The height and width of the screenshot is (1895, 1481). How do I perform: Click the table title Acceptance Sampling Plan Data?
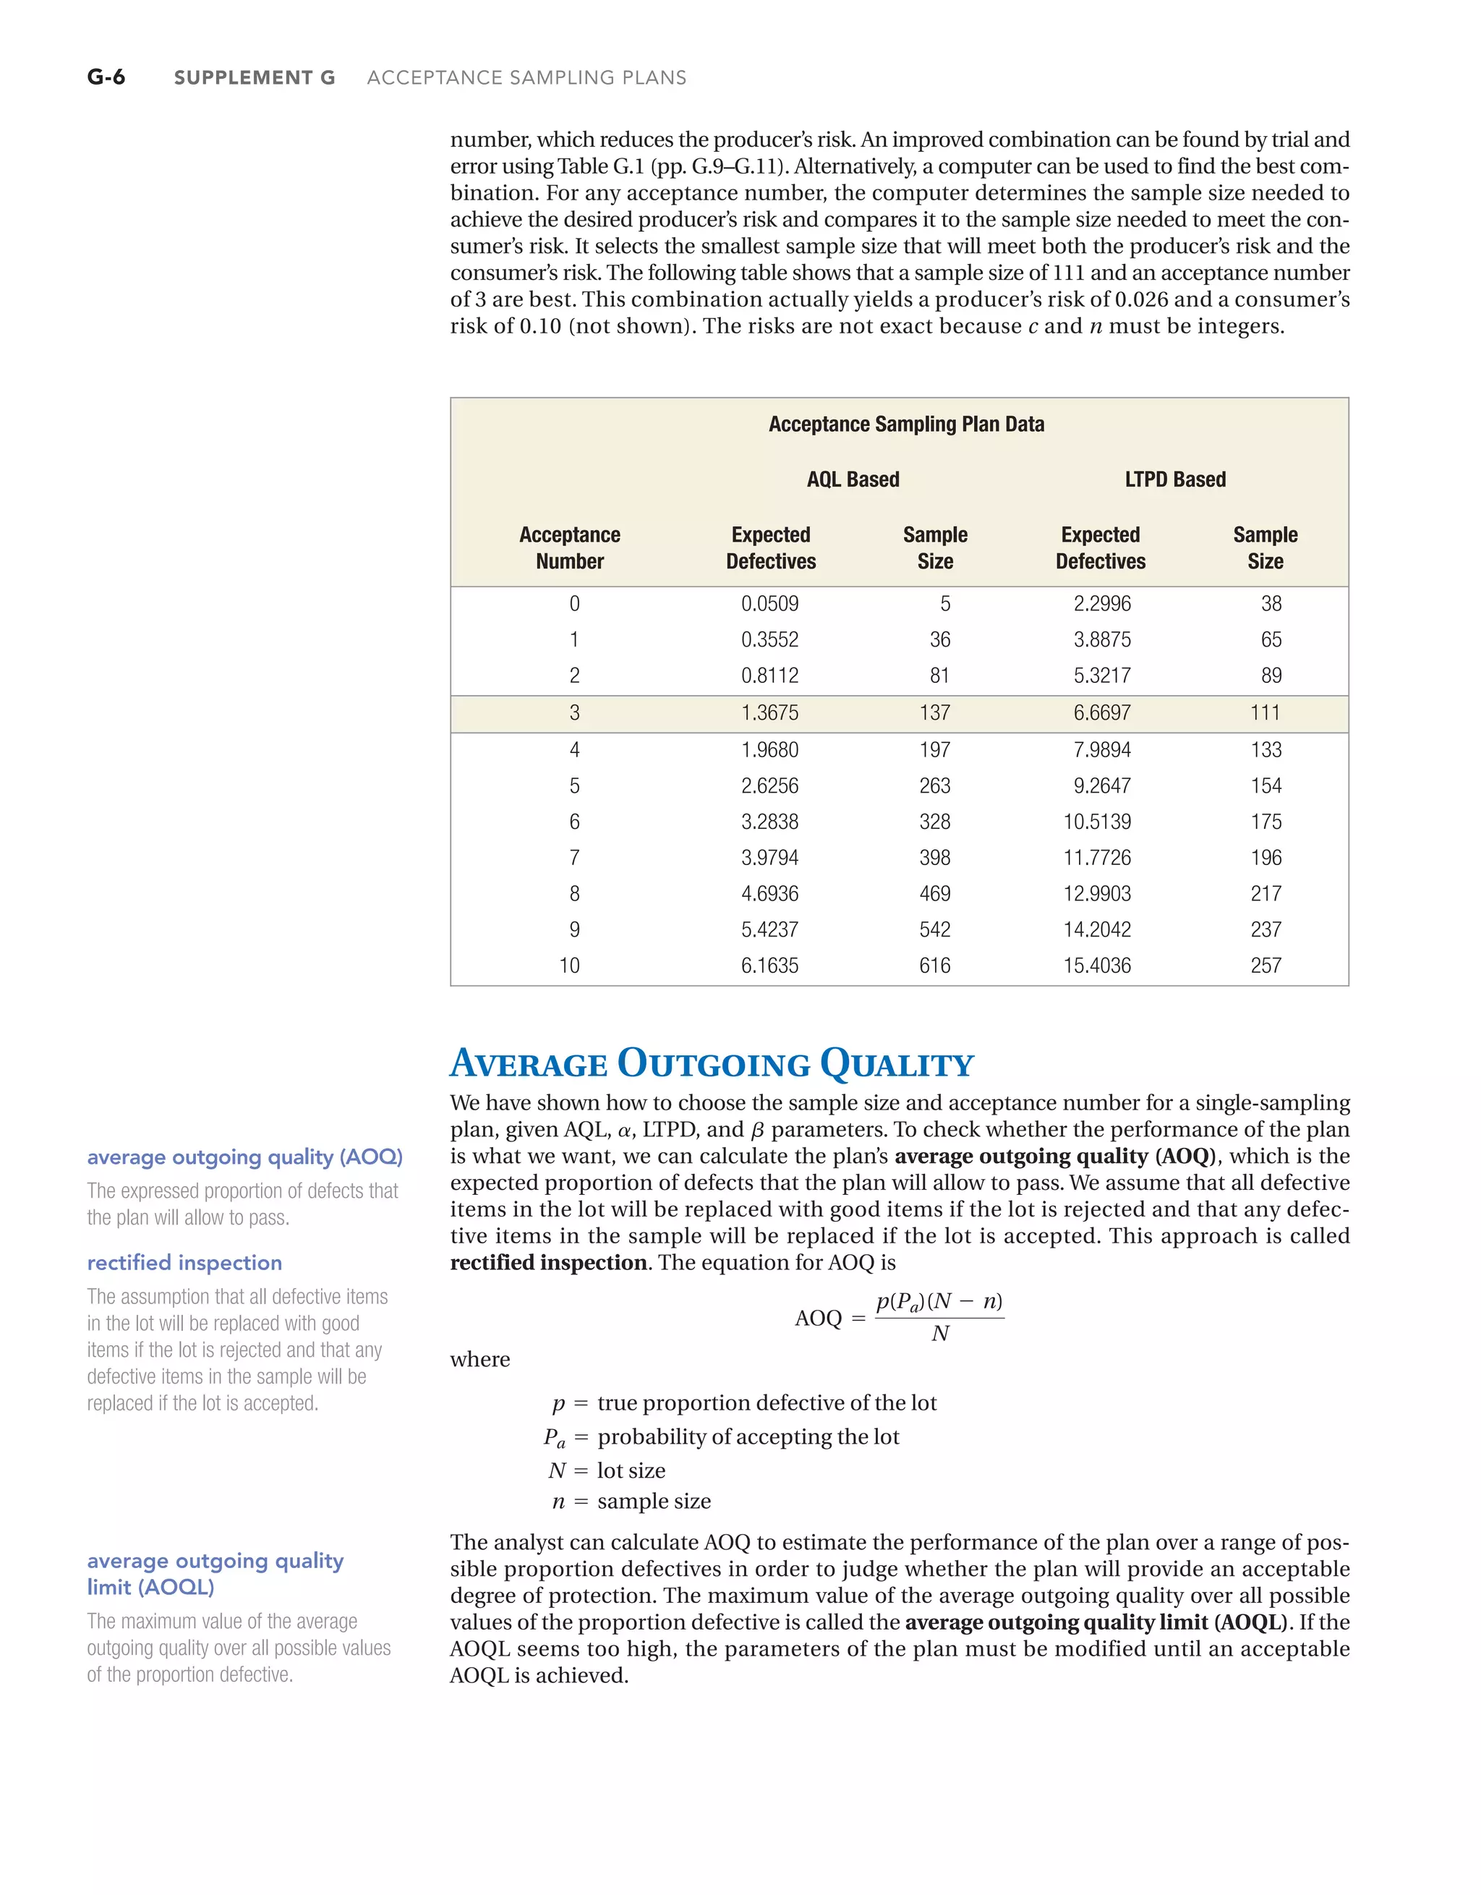tap(906, 425)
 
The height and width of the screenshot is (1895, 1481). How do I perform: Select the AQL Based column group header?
tap(853, 480)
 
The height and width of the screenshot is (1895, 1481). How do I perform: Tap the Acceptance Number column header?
tap(569, 548)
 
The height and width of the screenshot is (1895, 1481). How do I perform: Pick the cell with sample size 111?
tap(1265, 713)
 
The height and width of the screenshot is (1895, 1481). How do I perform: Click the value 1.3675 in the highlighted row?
tap(769, 713)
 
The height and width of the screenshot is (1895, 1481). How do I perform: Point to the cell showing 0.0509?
tap(769, 604)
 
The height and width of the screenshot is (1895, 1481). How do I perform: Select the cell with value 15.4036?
tap(1097, 966)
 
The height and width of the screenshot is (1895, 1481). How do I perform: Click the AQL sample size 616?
tap(934, 966)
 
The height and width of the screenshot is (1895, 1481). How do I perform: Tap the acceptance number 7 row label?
tap(573, 858)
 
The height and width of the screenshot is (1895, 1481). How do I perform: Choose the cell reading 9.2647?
tap(1102, 786)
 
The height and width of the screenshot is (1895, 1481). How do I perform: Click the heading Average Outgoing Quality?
tap(712, 1064)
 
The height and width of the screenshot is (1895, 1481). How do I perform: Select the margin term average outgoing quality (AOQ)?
tap(244, 1157)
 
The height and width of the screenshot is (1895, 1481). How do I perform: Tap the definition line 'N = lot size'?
tap(607, 1470)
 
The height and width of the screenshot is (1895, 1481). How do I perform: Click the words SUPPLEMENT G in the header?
tap(255, 78)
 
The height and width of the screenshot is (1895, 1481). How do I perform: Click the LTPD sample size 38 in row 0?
tap(1271, 604)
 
